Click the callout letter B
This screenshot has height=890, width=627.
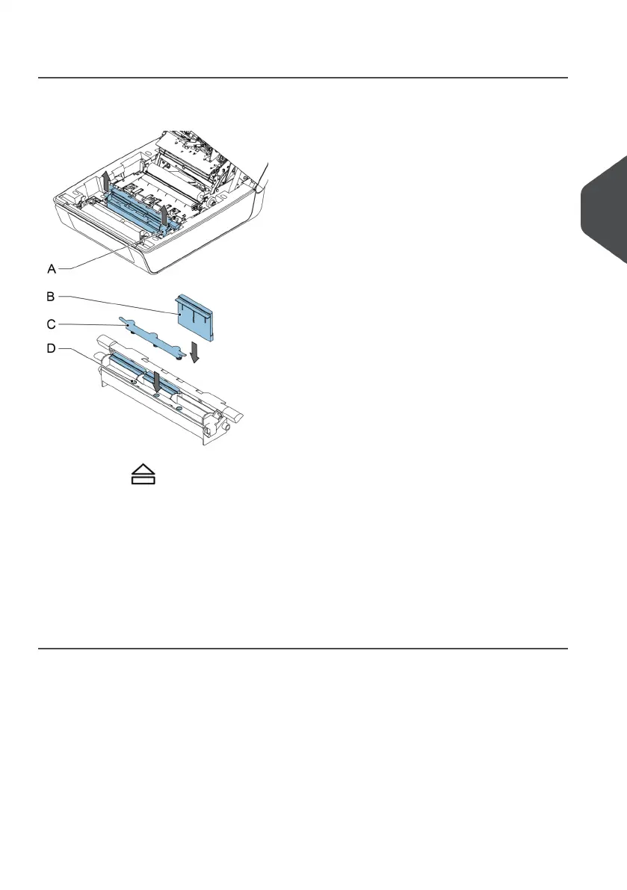click(51, 297)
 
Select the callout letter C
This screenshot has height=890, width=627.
click(51, 324)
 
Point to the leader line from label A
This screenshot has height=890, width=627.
click(97, 254)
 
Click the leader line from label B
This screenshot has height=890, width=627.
click(120, 305)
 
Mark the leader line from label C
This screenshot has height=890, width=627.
click(90, 324)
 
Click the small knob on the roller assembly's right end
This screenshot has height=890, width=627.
click(223, 427)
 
